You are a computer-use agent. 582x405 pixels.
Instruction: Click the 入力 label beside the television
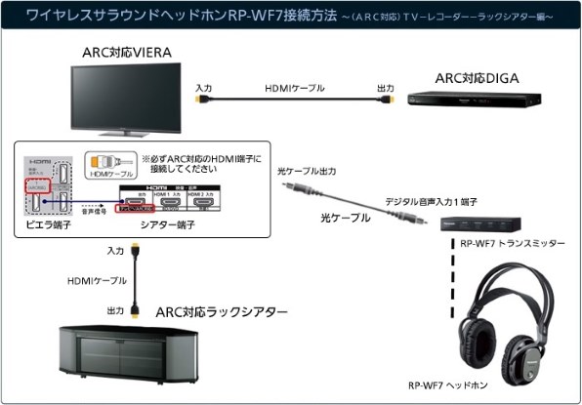pyautogui.click(x=204, y=87)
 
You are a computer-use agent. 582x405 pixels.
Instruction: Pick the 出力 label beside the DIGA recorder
pyautogui.click(x=386, y=87)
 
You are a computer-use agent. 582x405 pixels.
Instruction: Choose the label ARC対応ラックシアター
pyautogui.click(x=222, y=312)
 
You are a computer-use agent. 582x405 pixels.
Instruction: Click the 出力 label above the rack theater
pyautogui.click(x=115, y=310)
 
